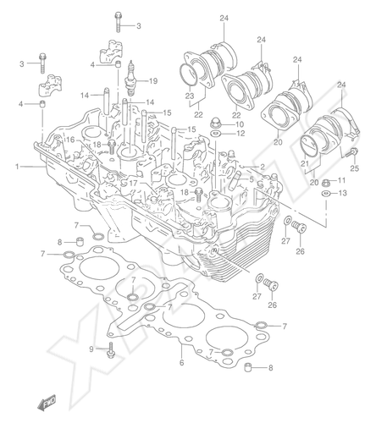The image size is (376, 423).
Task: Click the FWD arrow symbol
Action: [47, 402]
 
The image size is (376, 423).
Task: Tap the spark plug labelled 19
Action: [130, 78]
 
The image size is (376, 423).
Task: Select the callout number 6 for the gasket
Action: [181, 362]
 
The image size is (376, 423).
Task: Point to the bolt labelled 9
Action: [110, 350]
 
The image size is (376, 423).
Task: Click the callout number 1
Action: [18, 167]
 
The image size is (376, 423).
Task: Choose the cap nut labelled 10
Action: [216, 123]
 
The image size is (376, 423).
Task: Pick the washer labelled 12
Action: [216, 133]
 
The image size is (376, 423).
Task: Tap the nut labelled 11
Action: [326, 182]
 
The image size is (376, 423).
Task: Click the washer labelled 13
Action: [326, 194]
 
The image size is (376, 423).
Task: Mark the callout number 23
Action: [190, 96]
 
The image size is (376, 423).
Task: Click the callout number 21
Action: [306, 163]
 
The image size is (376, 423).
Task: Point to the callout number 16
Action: [70, 140]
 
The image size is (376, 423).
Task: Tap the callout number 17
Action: [133, 184]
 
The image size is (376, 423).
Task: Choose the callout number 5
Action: [251, 179]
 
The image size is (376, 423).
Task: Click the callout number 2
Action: [263, 167]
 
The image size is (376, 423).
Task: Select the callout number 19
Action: [153, 81]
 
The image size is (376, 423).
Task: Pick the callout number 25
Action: [355, 168]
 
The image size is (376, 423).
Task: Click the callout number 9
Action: [91, 349]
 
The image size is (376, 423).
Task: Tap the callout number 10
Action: [240, 124]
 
